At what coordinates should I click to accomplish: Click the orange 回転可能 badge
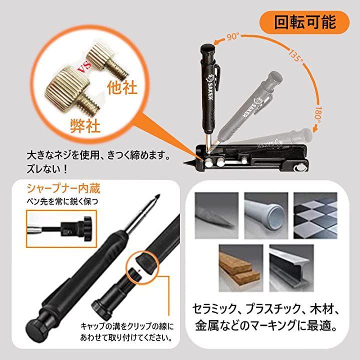pos(304,22)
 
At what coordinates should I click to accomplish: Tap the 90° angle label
pos(233,36)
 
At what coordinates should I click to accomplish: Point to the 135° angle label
pos(295,55)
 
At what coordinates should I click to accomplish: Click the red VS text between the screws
pos(84,67)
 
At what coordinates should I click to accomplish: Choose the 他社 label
pos(122,87)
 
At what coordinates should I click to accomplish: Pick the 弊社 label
pos(85,126)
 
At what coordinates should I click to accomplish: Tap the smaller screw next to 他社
pos(107,59)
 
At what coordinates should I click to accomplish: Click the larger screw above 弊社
pos(72,91)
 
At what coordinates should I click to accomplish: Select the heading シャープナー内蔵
pos(63,188)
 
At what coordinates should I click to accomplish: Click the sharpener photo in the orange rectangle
pos(61,229)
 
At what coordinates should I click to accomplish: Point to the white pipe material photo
pos(266,215)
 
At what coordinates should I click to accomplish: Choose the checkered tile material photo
pos(315,215)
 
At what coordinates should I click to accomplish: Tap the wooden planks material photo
pos(241,268)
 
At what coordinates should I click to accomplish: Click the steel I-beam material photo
pos(291,268)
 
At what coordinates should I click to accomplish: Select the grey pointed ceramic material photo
pos(216,215)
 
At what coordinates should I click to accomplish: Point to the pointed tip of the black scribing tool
pos(184,163)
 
